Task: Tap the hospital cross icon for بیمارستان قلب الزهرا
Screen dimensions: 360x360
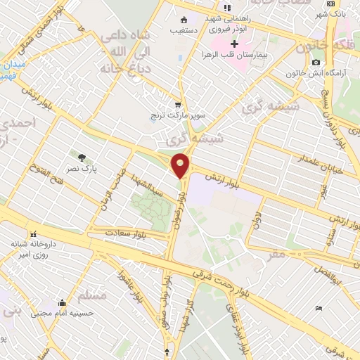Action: [x=235, y=44]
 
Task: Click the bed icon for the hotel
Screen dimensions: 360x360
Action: [x=319, y=308]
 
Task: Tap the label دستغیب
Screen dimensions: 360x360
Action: [x=184, y=30]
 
